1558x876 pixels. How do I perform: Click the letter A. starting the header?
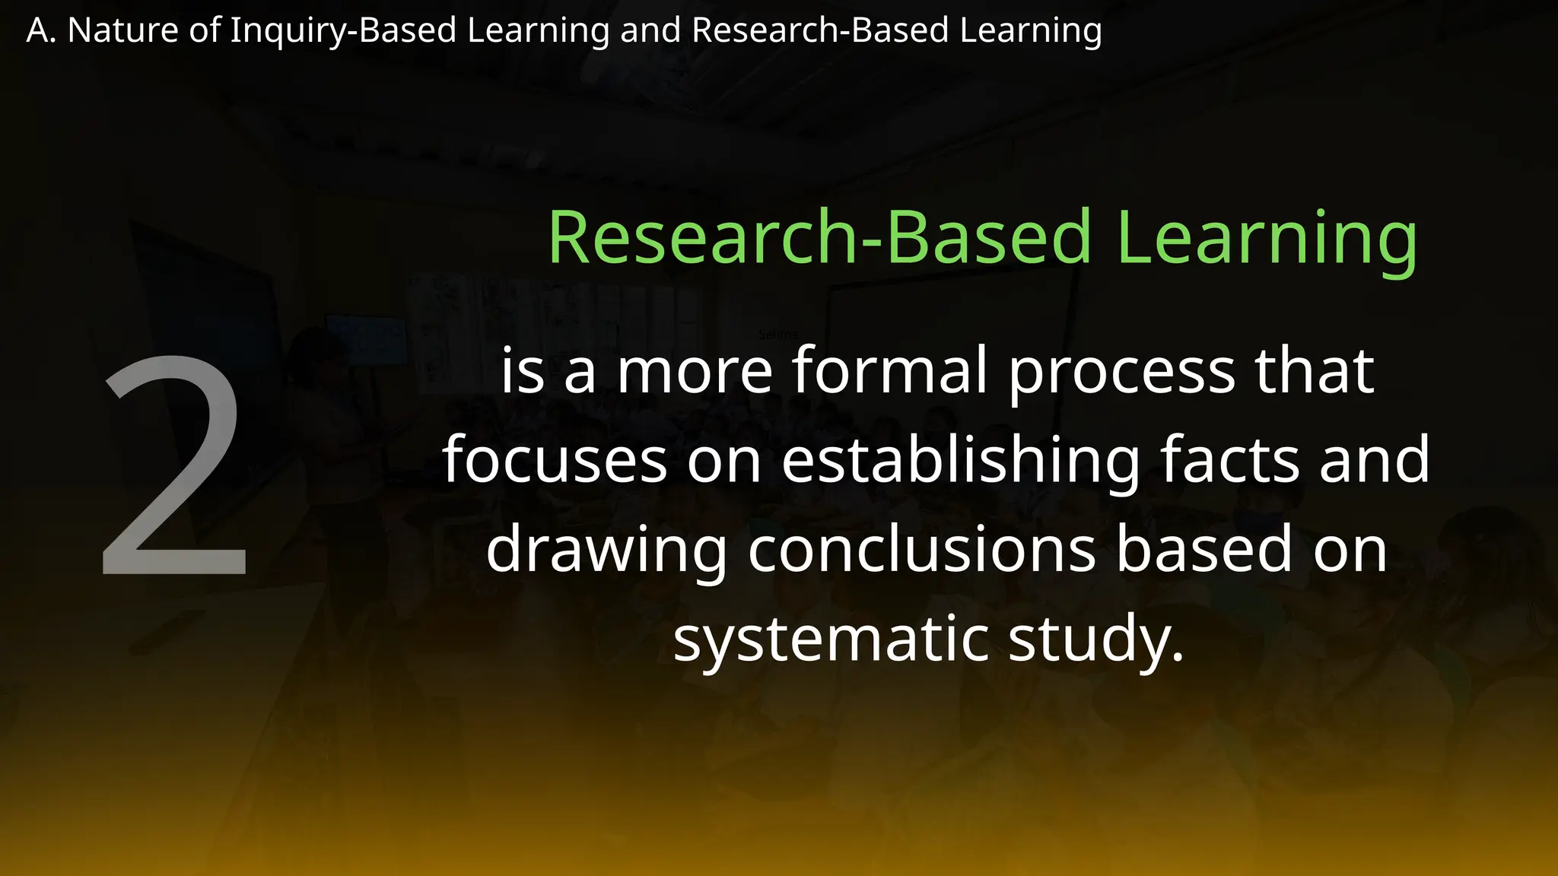(x=41, y=30)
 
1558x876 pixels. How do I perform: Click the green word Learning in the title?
(x=1267, y=238)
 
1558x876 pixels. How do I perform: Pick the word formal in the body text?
(x=890, y=370)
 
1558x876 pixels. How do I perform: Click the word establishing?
(x=961, y=461)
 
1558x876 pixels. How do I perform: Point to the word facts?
(x=1230, y=459)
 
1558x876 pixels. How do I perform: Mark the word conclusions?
(x=921, y=549)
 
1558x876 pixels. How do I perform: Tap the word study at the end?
(x=1095, y=639)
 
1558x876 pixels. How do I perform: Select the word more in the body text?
(x=695, y=372)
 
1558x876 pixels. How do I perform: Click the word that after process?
(x=1314, y=370)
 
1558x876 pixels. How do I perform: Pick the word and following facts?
(x=1375, y=459)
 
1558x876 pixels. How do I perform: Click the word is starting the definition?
(x=523, y=370)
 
